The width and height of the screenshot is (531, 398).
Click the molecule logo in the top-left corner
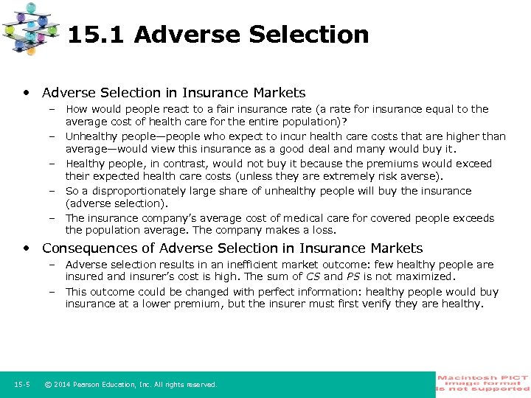(x=32, y=27)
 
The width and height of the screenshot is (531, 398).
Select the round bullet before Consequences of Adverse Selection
(x=27, y=248)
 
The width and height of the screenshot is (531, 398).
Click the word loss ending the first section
(x=323, y=231)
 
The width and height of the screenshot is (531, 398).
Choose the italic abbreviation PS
(x=354, y=276)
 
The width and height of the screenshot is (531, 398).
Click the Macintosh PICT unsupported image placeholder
(x=483, y=383)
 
